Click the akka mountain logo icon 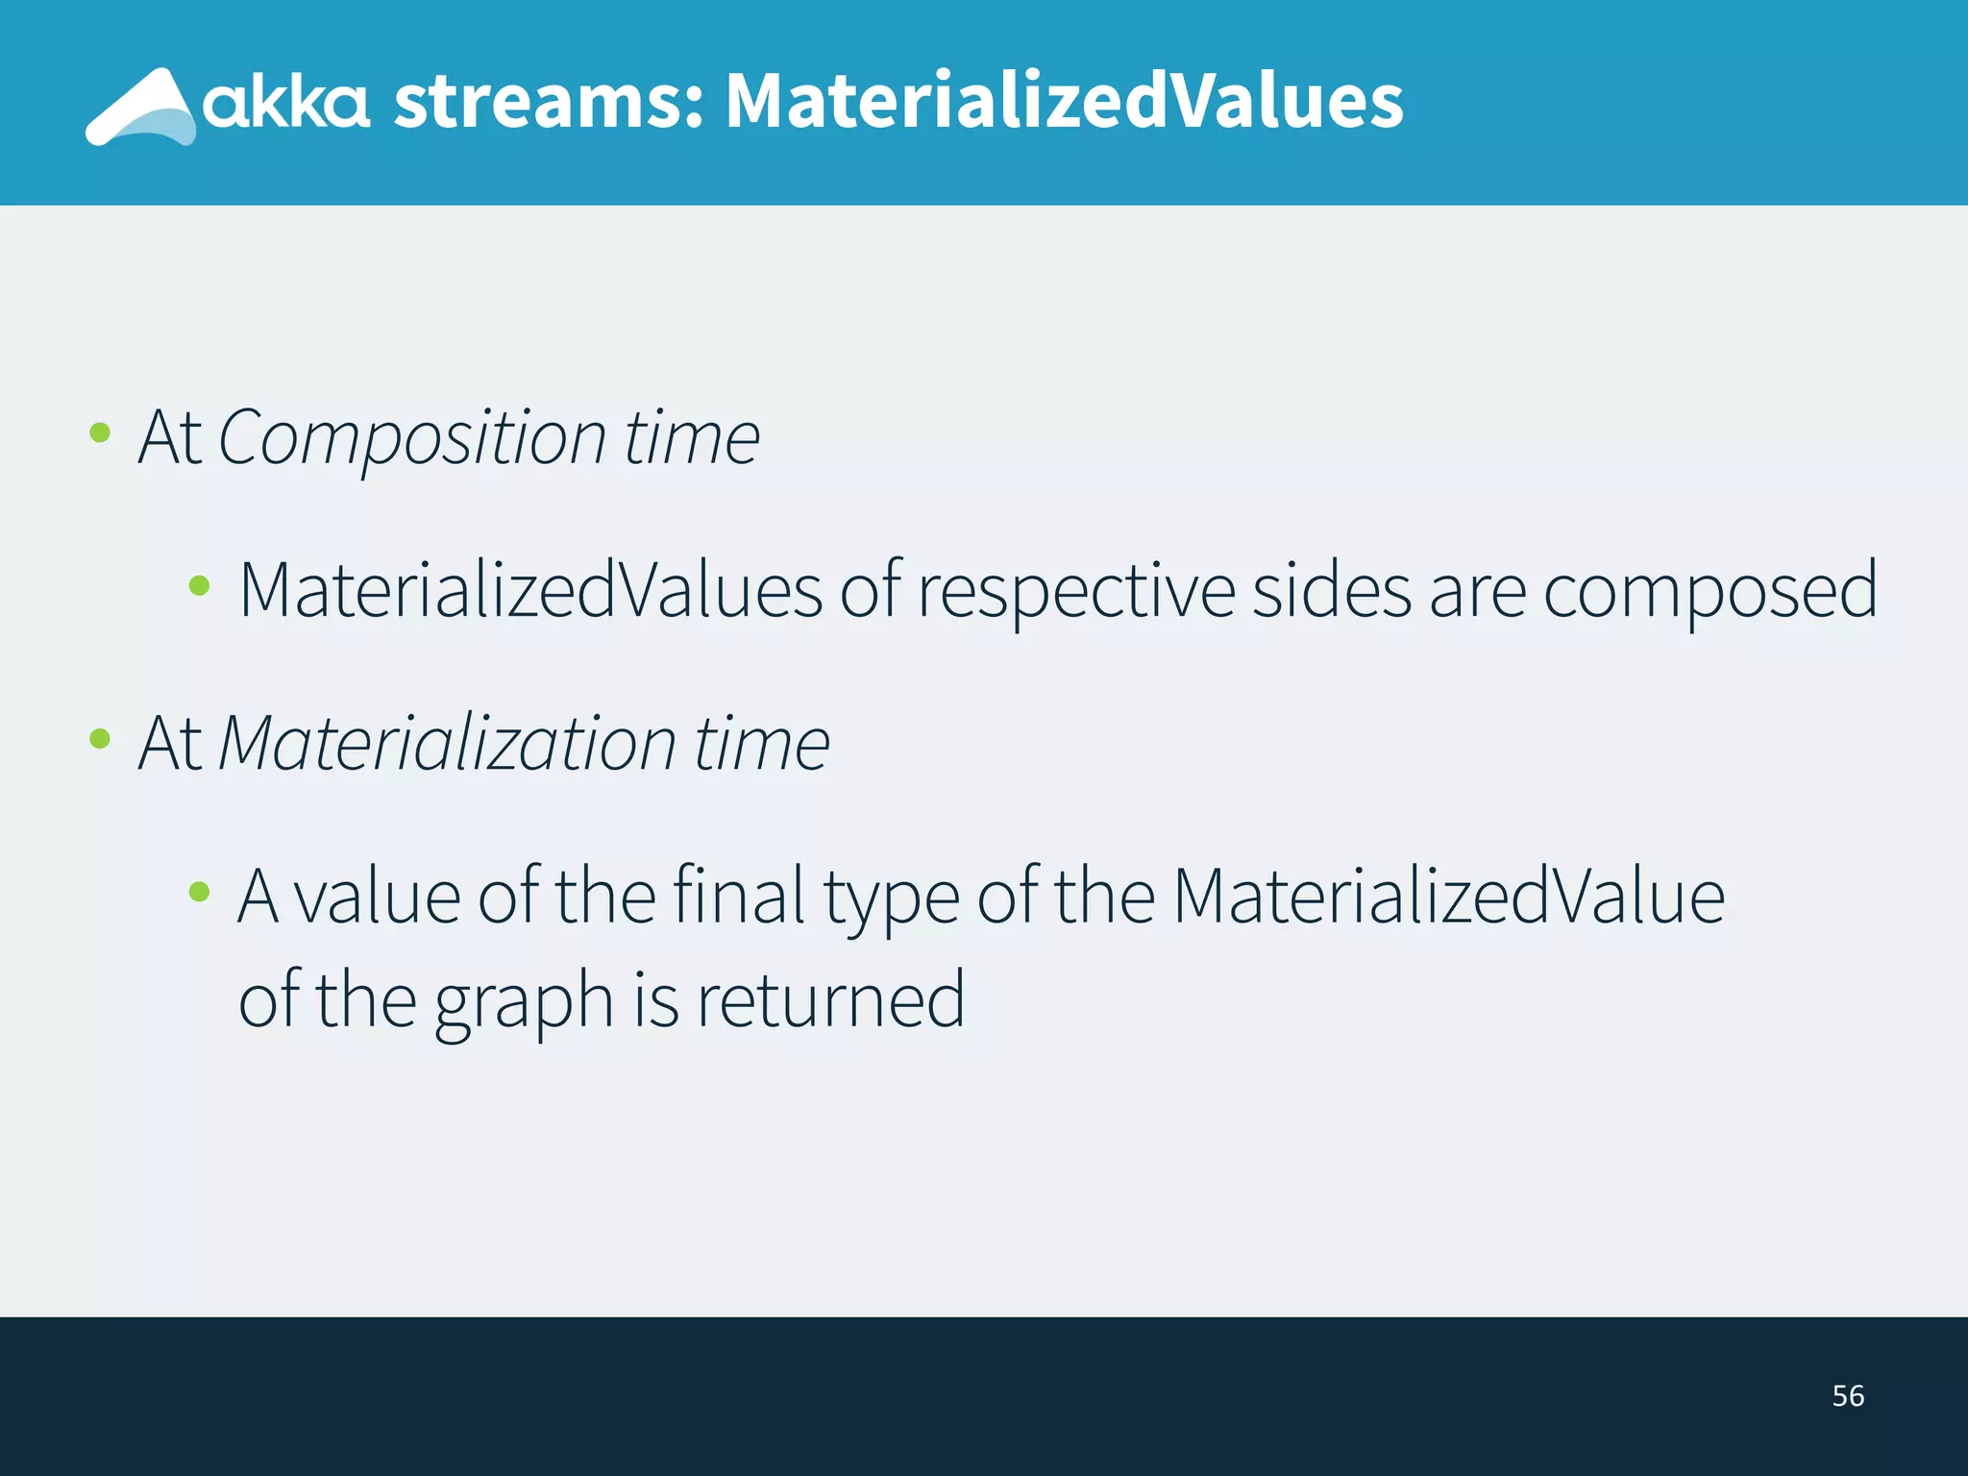(141, 108)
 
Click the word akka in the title (285, 104)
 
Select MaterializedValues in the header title (1064, 102)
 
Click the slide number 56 (1847, 1395)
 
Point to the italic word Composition (412, 437)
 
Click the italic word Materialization (448, 743)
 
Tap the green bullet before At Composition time (99, 432)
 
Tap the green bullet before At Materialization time (99, 738)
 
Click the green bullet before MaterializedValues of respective (199, 585)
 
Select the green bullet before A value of (199, 892)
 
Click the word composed (1710, 591)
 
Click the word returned (830, 1000)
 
